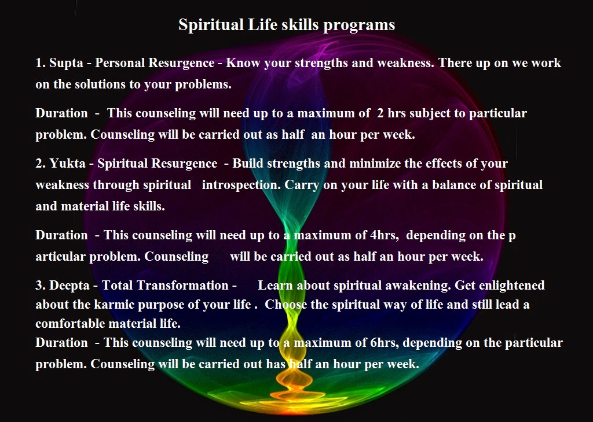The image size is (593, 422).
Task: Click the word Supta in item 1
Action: (66, 63)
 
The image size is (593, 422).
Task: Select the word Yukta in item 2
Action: (67, 164)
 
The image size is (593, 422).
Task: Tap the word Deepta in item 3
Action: (71, 286)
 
